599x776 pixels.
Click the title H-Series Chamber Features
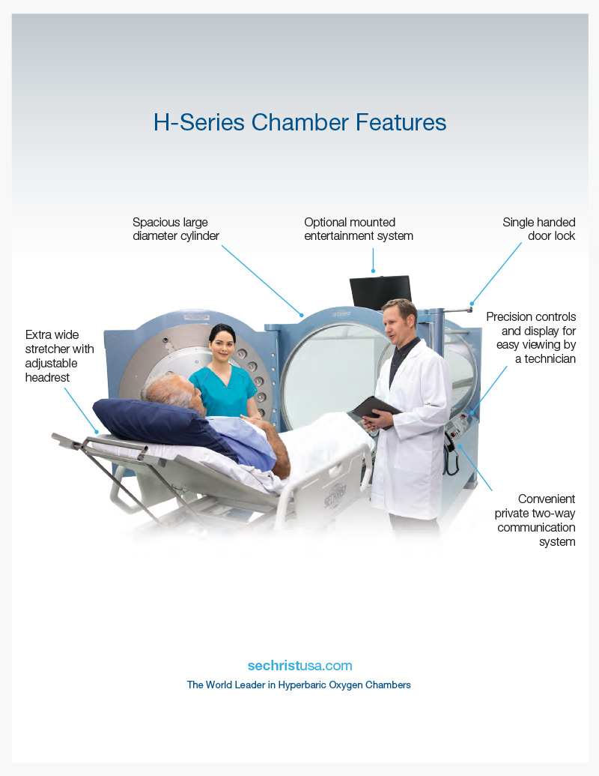299,122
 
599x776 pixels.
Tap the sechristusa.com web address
300,666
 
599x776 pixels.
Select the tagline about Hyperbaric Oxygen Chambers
299,685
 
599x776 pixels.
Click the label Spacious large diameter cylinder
175,229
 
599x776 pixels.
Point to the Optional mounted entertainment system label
359,229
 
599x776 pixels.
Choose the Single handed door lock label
538,229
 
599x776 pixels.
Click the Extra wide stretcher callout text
59,356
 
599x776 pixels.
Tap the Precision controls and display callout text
531,337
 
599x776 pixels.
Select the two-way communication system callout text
535,520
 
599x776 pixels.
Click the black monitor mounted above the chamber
380,292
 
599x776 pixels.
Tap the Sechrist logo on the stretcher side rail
335,496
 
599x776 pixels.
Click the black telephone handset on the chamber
451,454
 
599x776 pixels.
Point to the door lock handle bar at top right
457,310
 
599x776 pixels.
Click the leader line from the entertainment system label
373,260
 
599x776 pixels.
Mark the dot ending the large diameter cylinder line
302,315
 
